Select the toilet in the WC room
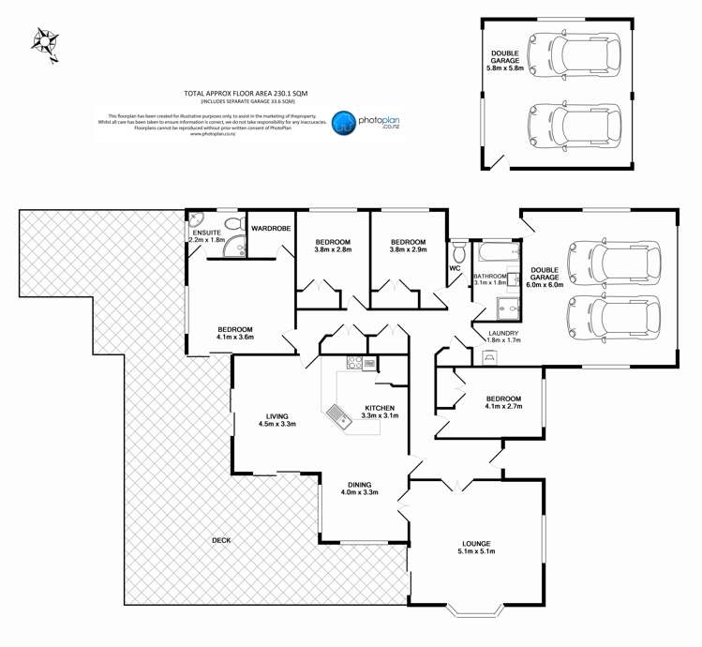tap(458, 253)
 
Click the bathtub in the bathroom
tap(497, 252)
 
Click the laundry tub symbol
tap(488, 357)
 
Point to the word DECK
tap(220, 539)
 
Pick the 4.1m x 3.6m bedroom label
tap(236, 333)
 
